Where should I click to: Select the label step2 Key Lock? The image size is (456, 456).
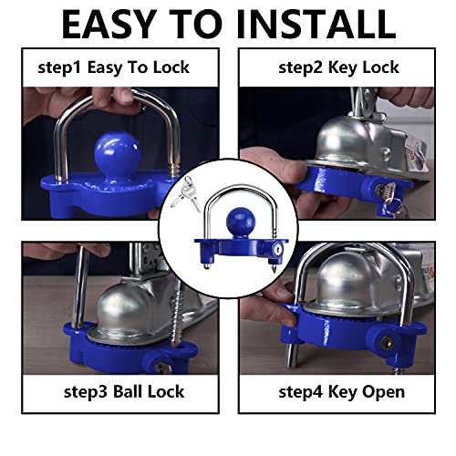[339, 66]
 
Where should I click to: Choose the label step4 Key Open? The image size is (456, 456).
[339, 392]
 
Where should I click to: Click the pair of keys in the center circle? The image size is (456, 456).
[186, 191]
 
